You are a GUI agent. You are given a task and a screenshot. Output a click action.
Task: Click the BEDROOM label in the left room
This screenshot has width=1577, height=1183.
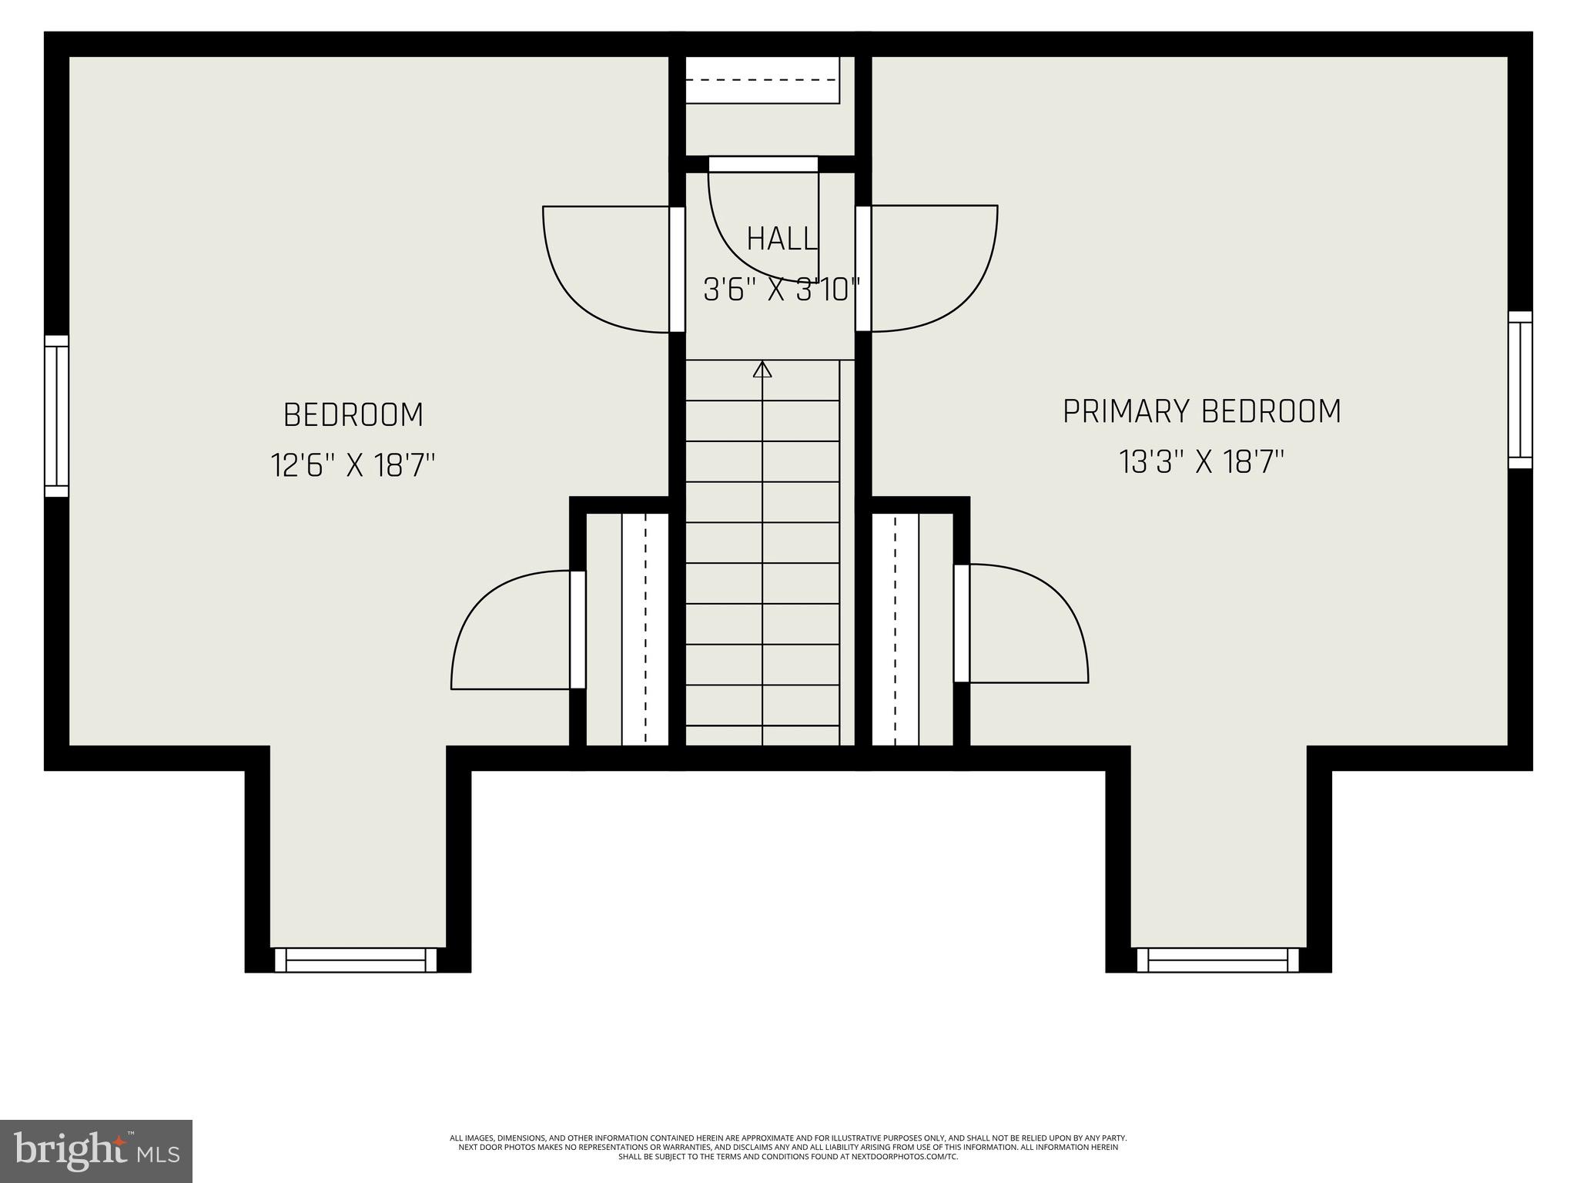coord(353,415)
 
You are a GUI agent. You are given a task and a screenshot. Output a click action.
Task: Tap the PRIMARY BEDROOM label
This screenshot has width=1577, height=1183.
coord(1201,411)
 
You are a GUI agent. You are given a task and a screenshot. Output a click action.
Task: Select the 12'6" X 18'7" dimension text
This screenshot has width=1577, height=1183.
coord(353,465)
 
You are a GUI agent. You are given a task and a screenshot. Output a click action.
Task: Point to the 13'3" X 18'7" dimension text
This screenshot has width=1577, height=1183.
coord(1201,463)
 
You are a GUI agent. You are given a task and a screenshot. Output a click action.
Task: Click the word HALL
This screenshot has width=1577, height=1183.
coord(782,239)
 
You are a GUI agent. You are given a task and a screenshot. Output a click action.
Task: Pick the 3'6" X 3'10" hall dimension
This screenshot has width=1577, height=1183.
coord(782,290)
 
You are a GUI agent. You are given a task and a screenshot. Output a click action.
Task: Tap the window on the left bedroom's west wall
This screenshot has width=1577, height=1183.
coord(56,416)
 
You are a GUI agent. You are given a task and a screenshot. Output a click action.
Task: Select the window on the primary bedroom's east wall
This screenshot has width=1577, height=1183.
coord(1520,390)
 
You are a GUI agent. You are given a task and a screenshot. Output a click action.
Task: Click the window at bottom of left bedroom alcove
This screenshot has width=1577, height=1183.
coord(356,960)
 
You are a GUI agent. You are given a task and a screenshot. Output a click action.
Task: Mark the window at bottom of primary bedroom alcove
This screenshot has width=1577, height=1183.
coord(1217,960)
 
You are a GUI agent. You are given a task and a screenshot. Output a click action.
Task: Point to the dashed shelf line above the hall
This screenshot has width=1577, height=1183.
coord(762,79)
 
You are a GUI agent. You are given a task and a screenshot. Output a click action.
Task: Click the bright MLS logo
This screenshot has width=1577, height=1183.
coord(96,1151)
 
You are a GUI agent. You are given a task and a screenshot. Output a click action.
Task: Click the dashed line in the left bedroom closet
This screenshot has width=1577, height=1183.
coord(645,629)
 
